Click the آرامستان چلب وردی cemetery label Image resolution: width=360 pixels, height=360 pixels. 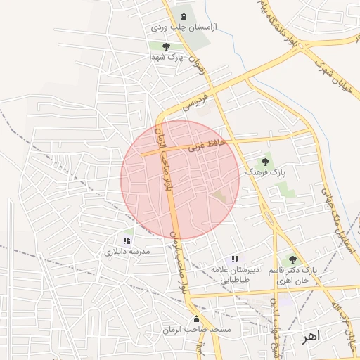[184, 27]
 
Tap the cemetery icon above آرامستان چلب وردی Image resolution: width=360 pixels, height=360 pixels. [184, 15]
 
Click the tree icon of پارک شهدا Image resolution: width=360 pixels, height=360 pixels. [167, 46]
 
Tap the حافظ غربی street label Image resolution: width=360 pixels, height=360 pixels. [207, 146]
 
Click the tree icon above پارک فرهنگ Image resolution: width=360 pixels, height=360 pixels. [266, 161]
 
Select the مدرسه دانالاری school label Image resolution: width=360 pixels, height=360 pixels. [124, 251]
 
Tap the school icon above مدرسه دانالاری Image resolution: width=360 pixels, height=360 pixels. [127, 240]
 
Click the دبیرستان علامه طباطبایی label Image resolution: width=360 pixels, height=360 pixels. [231, 274]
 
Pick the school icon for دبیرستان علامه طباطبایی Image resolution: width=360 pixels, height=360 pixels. [235, 259]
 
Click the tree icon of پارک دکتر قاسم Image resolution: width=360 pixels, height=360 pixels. [292, 260]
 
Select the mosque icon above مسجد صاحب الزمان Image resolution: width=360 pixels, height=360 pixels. [196, 319]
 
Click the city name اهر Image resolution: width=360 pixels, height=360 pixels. [310, 336]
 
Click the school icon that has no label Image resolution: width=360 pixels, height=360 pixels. [127, 300]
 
